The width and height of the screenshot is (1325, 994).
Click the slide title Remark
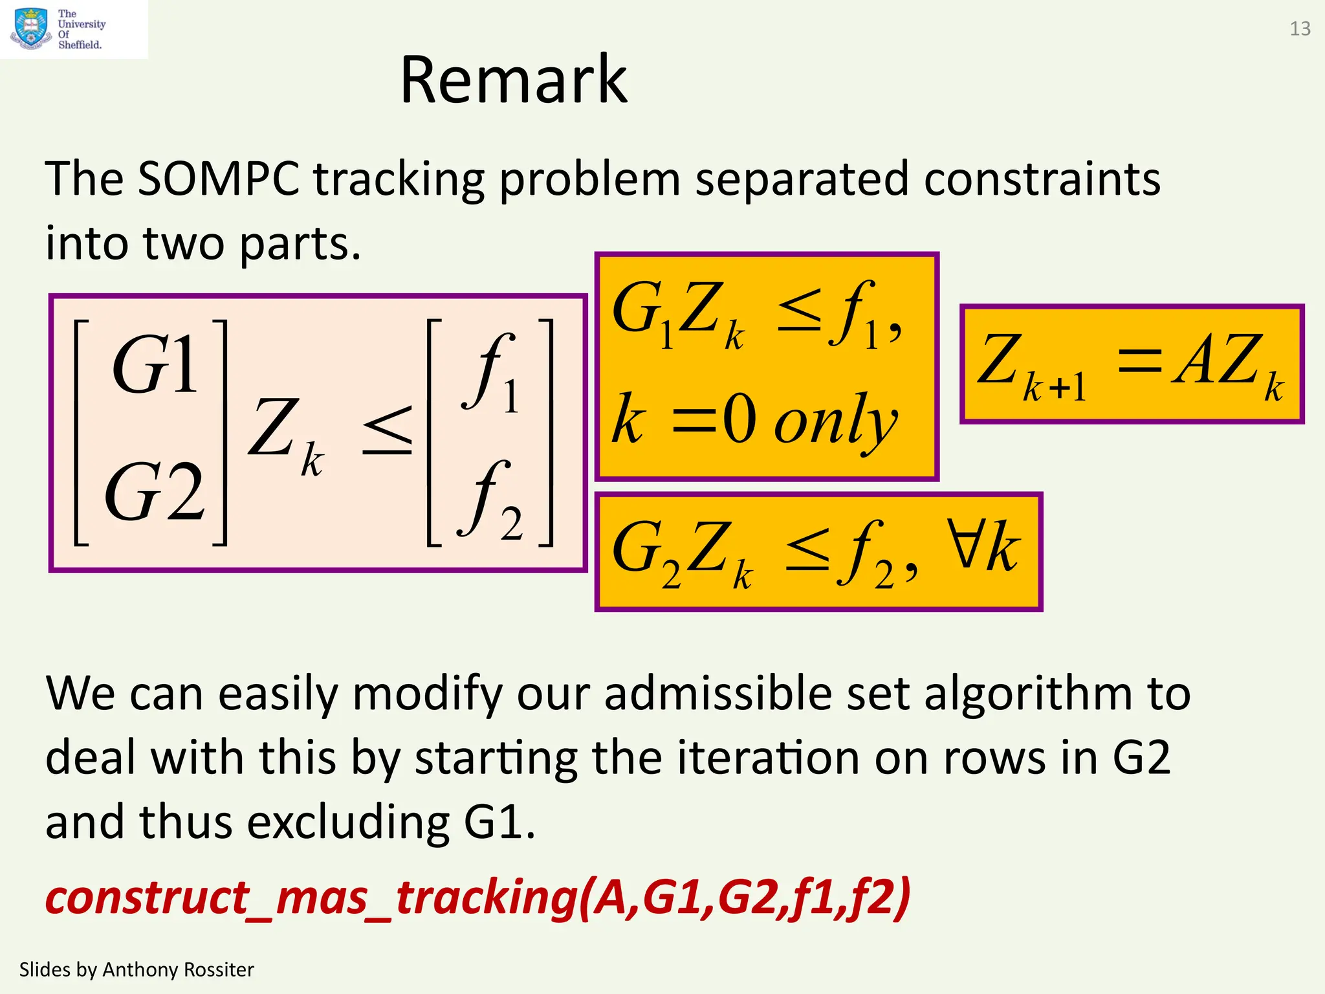pyautogui.click(x=514, y=80)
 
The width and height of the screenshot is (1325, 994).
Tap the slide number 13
pyautogui.click(x=1300, y=29)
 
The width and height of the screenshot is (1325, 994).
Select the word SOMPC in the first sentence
pyautogui.click(x=219, y=179)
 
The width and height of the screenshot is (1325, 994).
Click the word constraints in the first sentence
pyautogui.click(x=1042, y=179)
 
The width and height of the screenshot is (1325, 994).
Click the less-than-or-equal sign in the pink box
pyautogui.click(x=387, y=430)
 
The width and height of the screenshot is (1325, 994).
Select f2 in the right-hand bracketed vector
pyautogui.click(x=490, y=502)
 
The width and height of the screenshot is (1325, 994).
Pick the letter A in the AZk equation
pyautogui.click(x=1194, y=360)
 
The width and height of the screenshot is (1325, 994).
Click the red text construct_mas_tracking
pyautogui.click(x=311, y=898)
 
